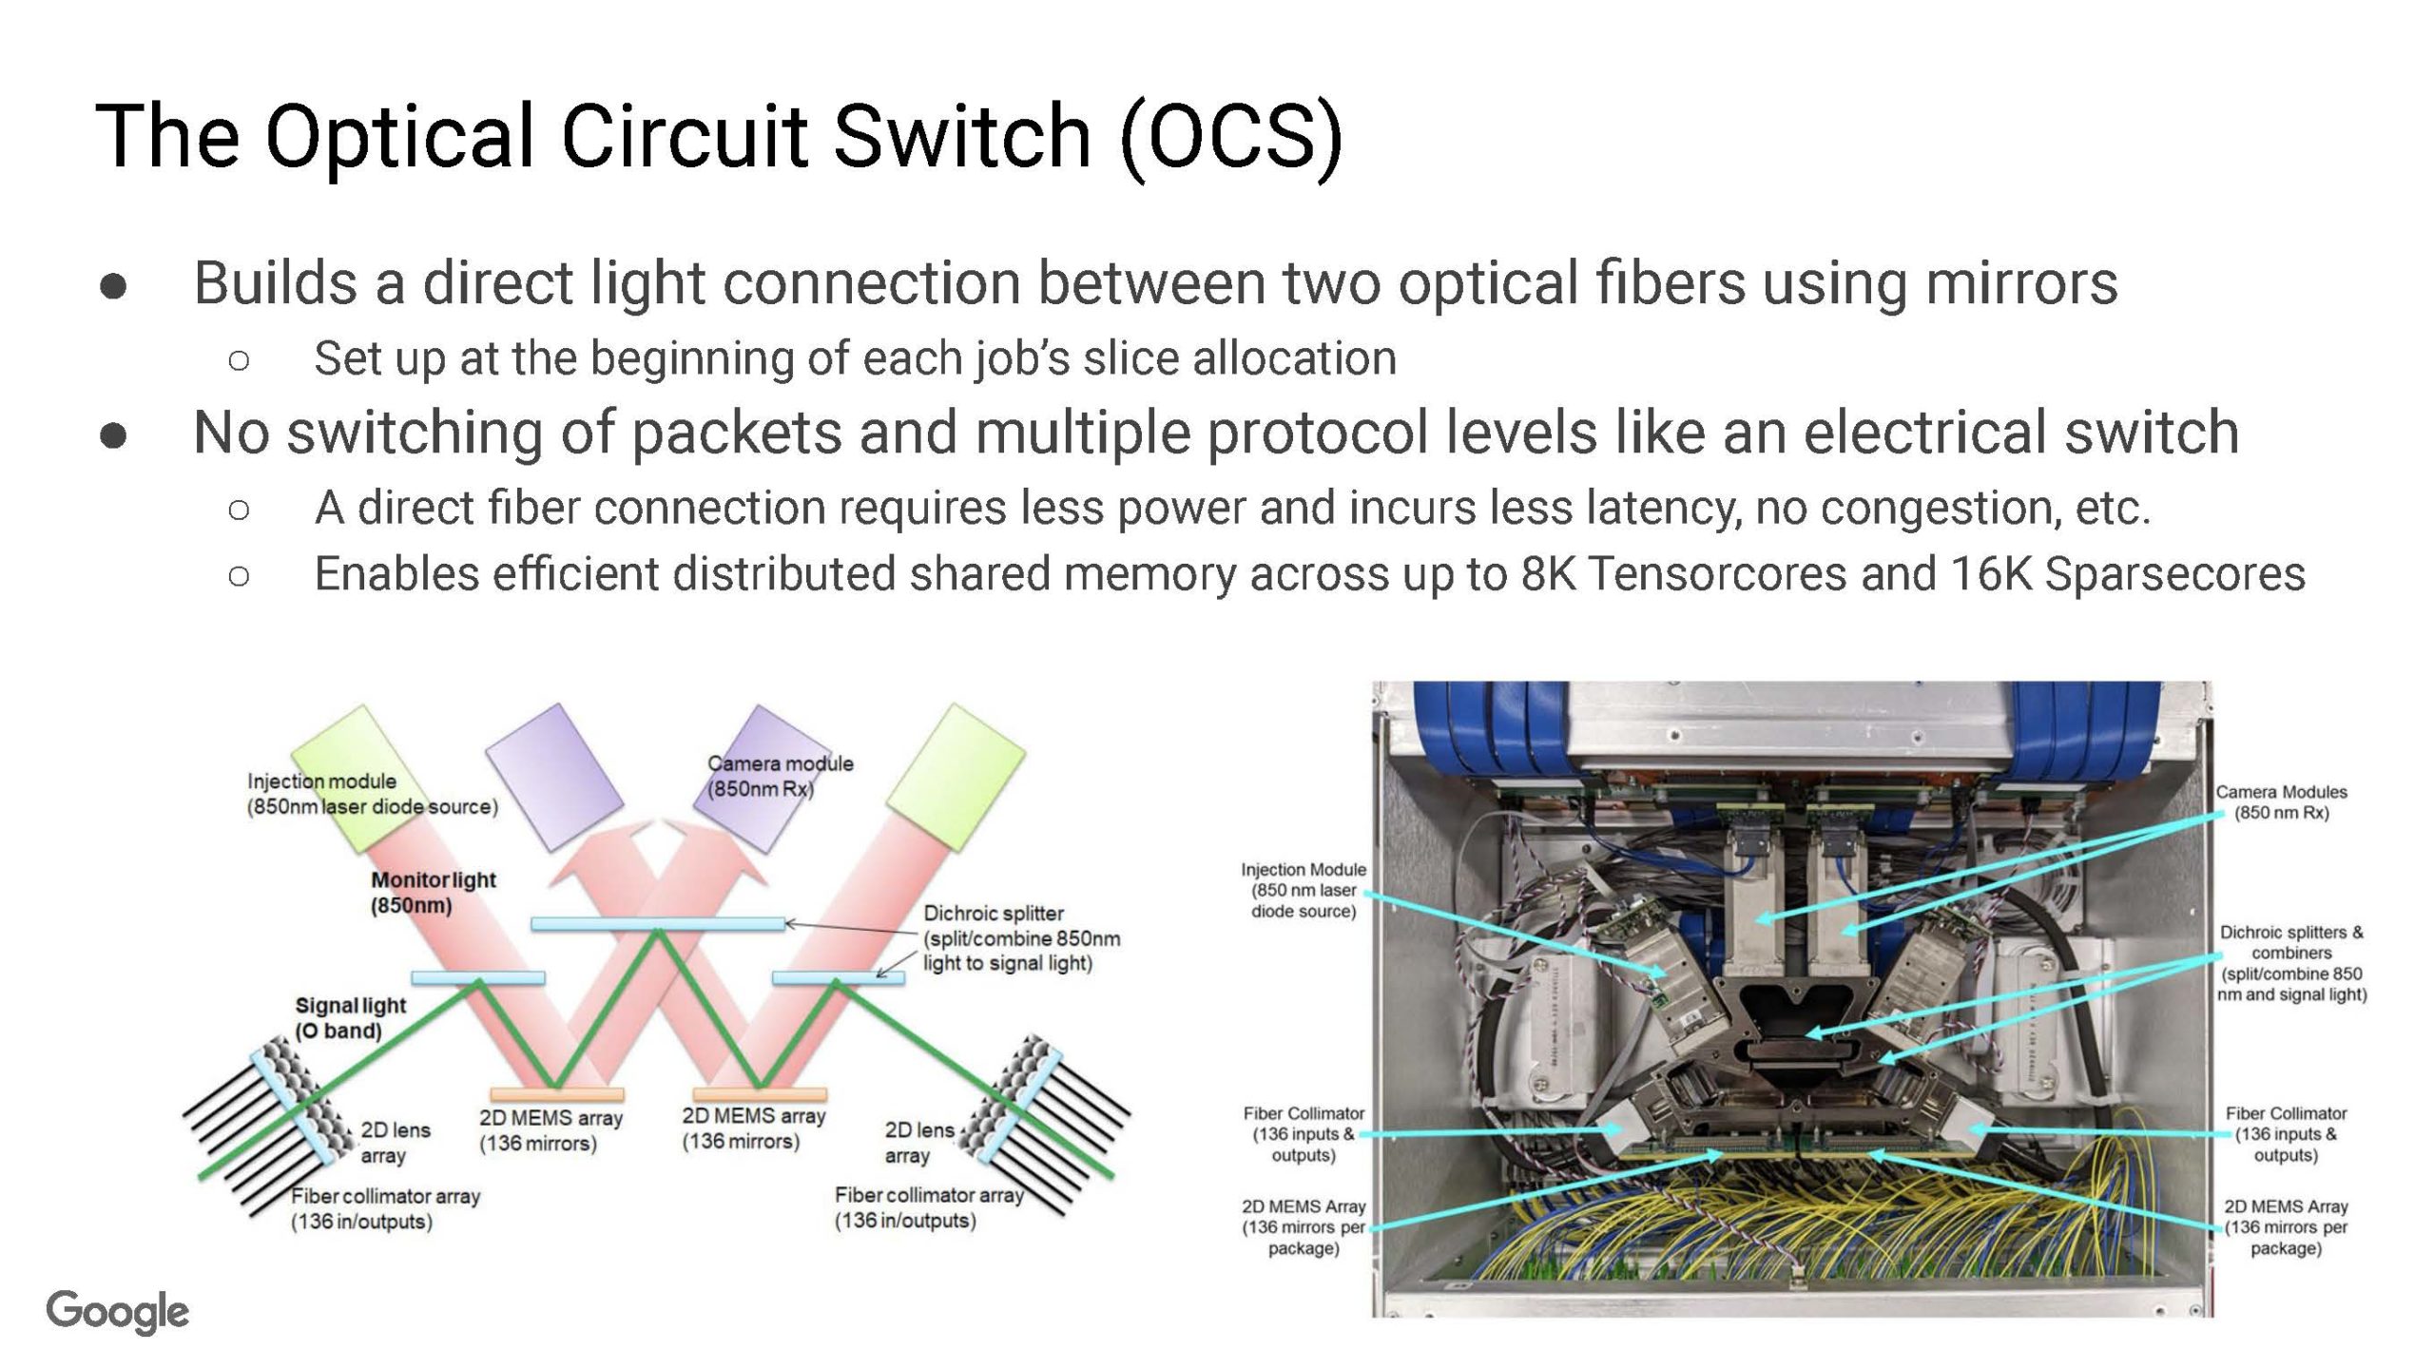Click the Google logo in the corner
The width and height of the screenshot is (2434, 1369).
pos(118,1312)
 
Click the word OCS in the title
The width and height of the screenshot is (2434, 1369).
pos(1232,138)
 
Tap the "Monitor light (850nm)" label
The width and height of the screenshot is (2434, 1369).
pos(433,893)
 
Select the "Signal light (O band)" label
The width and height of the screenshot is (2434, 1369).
pos(350,1018)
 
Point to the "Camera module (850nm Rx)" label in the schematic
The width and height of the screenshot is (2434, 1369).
pos(780,776)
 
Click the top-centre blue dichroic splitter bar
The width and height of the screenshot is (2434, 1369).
pos(657,923)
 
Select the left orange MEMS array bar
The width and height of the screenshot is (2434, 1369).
pos(556,1094)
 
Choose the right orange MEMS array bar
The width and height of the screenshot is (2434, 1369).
pos(760,1094)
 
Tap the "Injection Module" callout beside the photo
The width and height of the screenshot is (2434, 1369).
pos(1303,890)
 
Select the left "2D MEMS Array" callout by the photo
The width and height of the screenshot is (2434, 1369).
pos(1303,1226)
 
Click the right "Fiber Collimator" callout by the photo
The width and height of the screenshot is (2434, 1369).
pos(2285,1133)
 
